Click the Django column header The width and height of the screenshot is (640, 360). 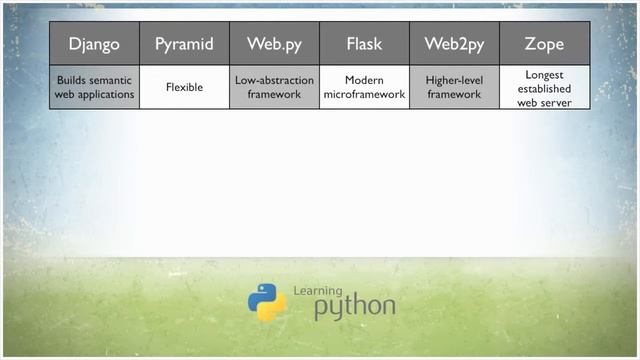(x=94, y=45)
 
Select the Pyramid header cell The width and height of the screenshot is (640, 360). (x=184, y=45)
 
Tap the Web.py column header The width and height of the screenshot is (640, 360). (x=274, y=45)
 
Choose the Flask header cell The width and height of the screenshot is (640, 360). (x=364, y=45)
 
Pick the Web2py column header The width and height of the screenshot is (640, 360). (x=454, y=45)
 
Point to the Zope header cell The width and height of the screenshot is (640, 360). (x=544, y=45)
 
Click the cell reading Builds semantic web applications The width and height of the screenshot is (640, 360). (x=94, y=87)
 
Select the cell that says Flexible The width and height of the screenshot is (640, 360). (x=184, y=87)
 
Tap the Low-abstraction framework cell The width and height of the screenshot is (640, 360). (x=274, y=87)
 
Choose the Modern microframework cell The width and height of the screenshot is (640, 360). (x=364, y=87)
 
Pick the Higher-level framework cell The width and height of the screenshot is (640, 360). (x=454, y=87)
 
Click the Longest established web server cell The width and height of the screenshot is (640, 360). (x=544, y=87)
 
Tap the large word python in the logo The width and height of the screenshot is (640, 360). (x=354, y=308)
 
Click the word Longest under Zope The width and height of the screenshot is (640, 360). (x=544, y=74)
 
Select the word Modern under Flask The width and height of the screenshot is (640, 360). (x=364, y=80)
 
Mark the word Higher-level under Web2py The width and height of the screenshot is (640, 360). (x=454, y=80)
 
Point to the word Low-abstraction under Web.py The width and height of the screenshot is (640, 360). (x=274, y=80)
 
